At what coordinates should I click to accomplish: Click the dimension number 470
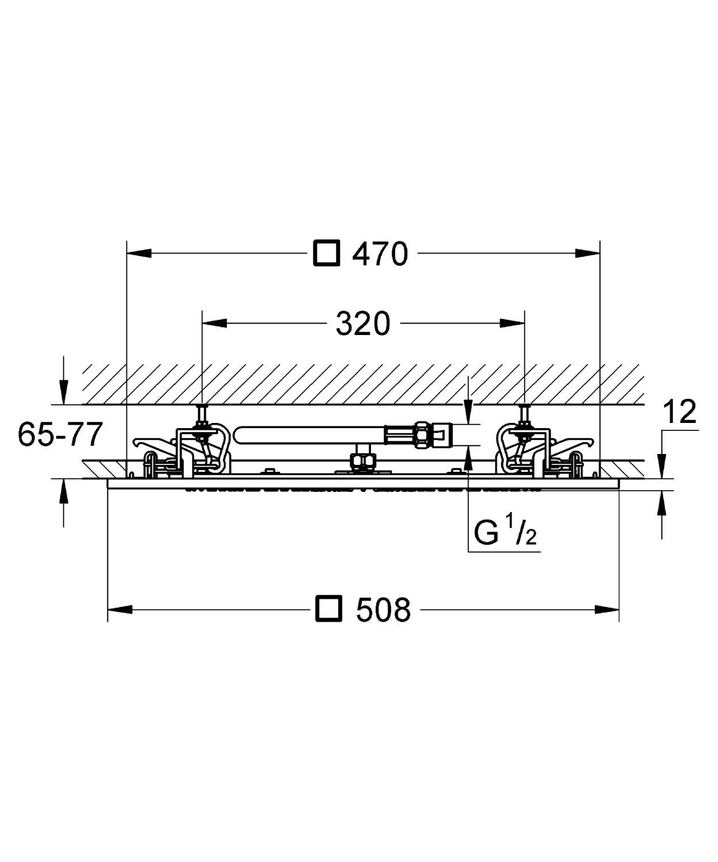(380, 253)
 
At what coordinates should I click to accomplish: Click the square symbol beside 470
(326, 253)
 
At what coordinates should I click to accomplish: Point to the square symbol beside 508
(329, 609)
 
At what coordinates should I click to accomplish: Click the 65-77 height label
(60, 434)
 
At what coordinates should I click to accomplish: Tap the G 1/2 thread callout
(505, 533)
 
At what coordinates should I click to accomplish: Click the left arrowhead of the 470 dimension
(139, 253)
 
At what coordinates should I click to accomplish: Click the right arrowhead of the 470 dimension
(588, 253)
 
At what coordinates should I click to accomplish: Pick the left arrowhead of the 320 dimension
(215, 324)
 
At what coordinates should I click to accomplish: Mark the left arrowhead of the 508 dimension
(120, 609)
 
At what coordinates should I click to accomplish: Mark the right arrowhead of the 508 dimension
(607, 609)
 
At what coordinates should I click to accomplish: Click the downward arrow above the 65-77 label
(64, 391)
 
